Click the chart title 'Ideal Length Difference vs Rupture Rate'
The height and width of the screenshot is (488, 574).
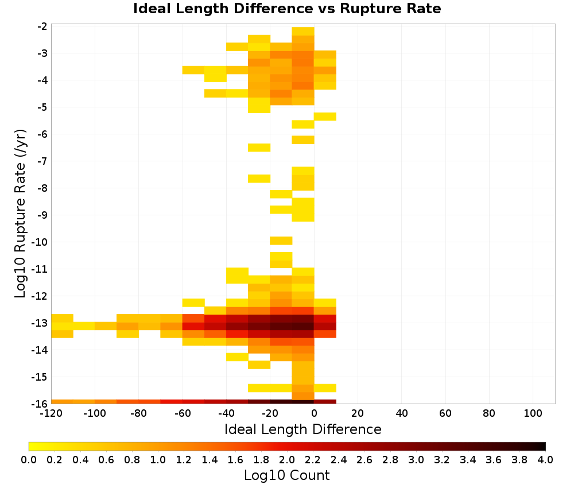coord(287,9)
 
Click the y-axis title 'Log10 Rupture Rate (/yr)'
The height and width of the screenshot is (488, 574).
coord(21,214)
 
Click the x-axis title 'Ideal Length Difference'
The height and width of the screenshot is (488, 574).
coord(303,429)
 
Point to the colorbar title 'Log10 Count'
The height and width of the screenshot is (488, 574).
coord(287,475)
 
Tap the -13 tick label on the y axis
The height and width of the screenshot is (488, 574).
coord(40,323)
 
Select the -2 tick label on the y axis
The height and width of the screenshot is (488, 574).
coord(42,26)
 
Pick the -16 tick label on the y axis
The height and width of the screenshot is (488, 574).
coord(40,404)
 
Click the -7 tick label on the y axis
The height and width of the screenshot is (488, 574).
coord(42,161)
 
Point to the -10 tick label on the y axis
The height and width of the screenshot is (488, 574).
coord(40,242)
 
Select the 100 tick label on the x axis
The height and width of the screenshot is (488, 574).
coord(533,414)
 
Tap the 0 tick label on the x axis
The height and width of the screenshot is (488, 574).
coord(314,414)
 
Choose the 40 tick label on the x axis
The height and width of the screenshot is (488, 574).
coord(402,414)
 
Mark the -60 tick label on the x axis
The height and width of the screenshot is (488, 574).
coord(183,414)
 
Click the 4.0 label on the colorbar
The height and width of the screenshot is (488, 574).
coord(545,459)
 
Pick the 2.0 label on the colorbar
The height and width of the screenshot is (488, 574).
coord(287,459)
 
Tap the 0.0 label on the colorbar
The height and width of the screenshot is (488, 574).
coord(29,459)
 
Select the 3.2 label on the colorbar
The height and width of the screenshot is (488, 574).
coord(442,459)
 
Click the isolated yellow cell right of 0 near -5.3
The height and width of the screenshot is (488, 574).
coord(325,117)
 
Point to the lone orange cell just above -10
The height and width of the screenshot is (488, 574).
coord(281,241)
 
